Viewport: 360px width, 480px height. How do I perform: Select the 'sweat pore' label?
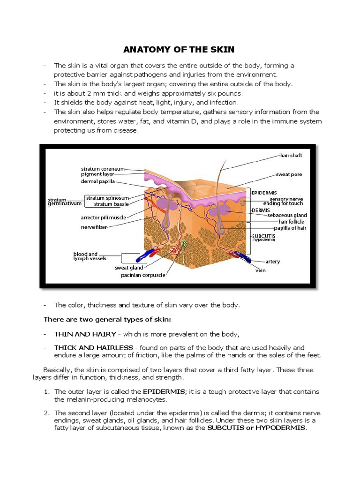point(289,174)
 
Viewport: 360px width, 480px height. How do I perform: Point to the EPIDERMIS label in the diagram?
point(264,193)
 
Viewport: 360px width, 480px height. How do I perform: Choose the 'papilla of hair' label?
point(287,228)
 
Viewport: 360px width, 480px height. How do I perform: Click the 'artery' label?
point(273,262)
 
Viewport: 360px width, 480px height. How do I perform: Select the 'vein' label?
point(260,270)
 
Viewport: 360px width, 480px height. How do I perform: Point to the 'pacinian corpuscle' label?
point(143,275)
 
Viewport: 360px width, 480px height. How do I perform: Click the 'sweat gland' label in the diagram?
point(129,268)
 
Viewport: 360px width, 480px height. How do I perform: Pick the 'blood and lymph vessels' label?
point(90,256)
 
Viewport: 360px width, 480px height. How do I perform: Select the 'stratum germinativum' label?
point(64,202)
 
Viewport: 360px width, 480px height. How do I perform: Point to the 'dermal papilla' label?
point(97,182)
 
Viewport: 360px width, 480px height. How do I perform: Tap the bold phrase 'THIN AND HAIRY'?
point(85,334)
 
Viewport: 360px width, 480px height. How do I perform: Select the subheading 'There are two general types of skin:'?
point(107,320)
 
